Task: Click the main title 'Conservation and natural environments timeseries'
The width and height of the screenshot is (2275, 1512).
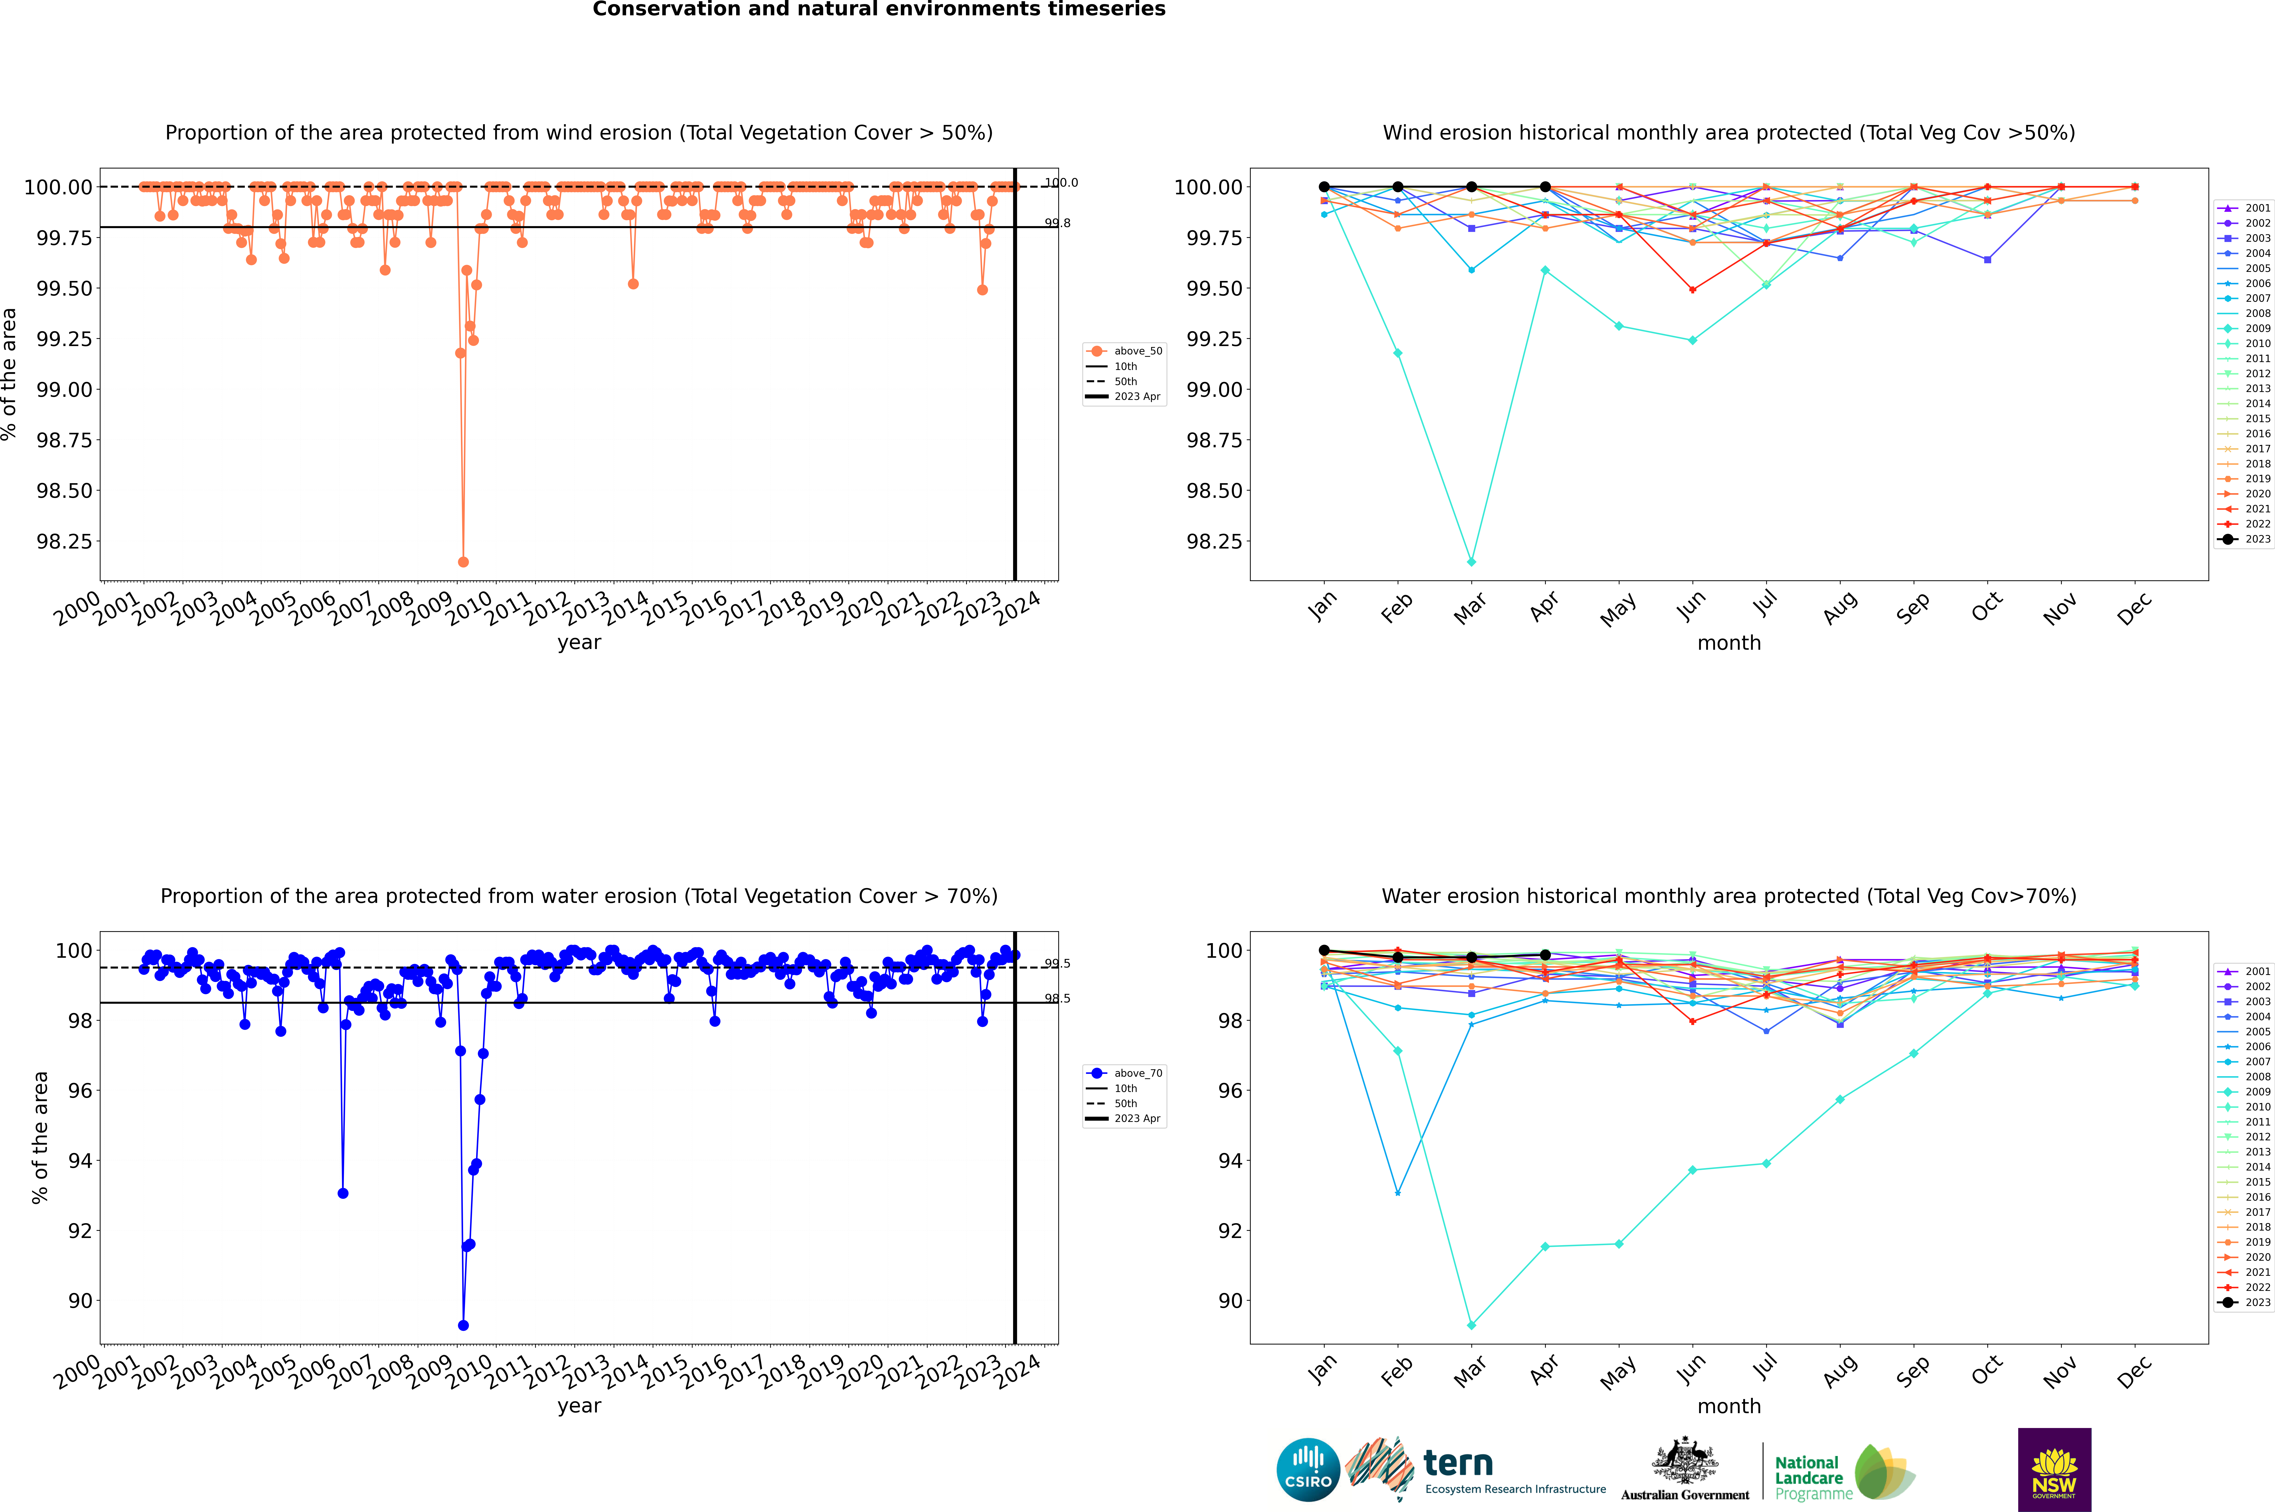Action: click(x=879, y=10)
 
